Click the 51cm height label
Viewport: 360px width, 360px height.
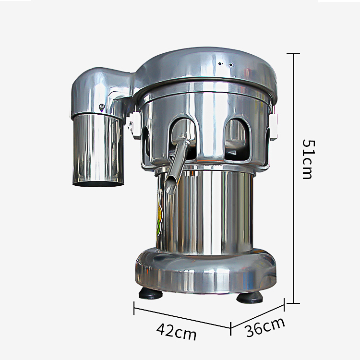coord(308,159)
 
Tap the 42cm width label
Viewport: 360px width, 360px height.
coord(176,332)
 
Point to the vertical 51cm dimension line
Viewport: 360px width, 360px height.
coord(294,179)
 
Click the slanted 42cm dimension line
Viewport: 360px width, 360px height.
coord(182,318)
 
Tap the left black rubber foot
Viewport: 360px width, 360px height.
coord(150,293)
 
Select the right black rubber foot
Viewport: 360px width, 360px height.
coord(250,298)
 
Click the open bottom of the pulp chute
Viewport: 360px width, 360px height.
coord(98,183)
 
